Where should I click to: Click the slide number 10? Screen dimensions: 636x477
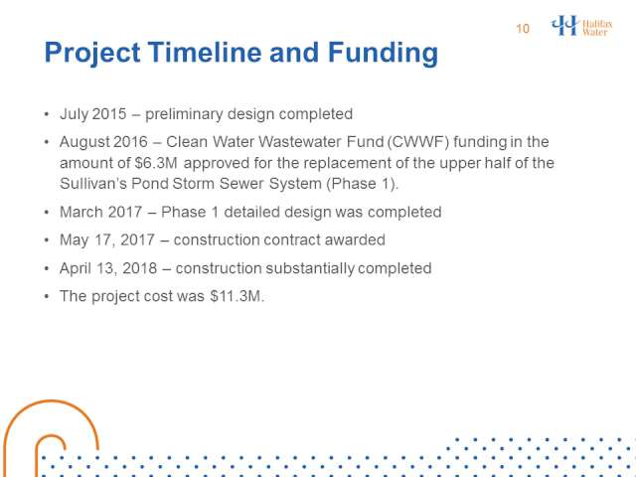click(x=523, y=29)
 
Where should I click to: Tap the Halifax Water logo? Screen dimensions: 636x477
click(x=581, y=26)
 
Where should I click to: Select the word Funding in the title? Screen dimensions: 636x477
click(x=383, y=53)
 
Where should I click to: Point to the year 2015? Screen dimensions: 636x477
click(x=109, y=114)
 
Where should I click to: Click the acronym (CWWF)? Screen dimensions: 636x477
click(x=417, y=142)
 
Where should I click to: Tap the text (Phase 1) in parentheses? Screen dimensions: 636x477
click(x=362, y=184)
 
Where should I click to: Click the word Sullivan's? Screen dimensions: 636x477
click(x=93, y=184)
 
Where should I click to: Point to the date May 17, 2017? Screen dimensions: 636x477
click(x=107, y=240)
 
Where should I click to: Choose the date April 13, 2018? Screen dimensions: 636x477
click(x=108, y=268)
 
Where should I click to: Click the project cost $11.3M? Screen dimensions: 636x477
click(x=236, y=296)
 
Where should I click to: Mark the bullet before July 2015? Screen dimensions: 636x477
click(x=47, y=114)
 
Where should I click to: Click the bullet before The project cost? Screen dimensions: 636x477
click(x=47, y=296)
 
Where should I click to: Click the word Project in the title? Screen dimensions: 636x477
click(x=92, y=54)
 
